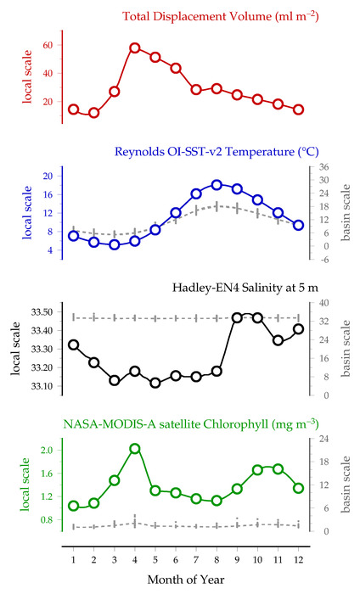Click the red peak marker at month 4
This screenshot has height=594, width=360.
(135, 48)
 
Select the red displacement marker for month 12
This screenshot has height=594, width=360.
(298, 109)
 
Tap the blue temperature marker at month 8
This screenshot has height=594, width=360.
(217, 185)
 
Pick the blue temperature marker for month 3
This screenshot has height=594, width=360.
(115, 244)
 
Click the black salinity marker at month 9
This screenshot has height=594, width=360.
(237, 318)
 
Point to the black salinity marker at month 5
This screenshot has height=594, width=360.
(155, 383)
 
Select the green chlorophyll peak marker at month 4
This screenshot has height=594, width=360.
(135, 449)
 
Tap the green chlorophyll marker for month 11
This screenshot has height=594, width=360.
(278, 469)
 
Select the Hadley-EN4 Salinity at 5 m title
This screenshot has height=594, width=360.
(245, 288)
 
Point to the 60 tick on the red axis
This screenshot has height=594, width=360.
(48, 45)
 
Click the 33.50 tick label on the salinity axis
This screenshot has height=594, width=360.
(42, 312)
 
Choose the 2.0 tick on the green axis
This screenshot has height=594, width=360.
(48, 450)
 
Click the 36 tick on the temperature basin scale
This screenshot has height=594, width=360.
(324, 167)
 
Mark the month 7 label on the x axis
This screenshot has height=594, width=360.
(196, 559)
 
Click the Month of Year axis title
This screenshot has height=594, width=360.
(186, 580)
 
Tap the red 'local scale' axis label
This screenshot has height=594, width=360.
(27, 76)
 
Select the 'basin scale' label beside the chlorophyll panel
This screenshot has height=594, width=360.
(346, 485)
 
